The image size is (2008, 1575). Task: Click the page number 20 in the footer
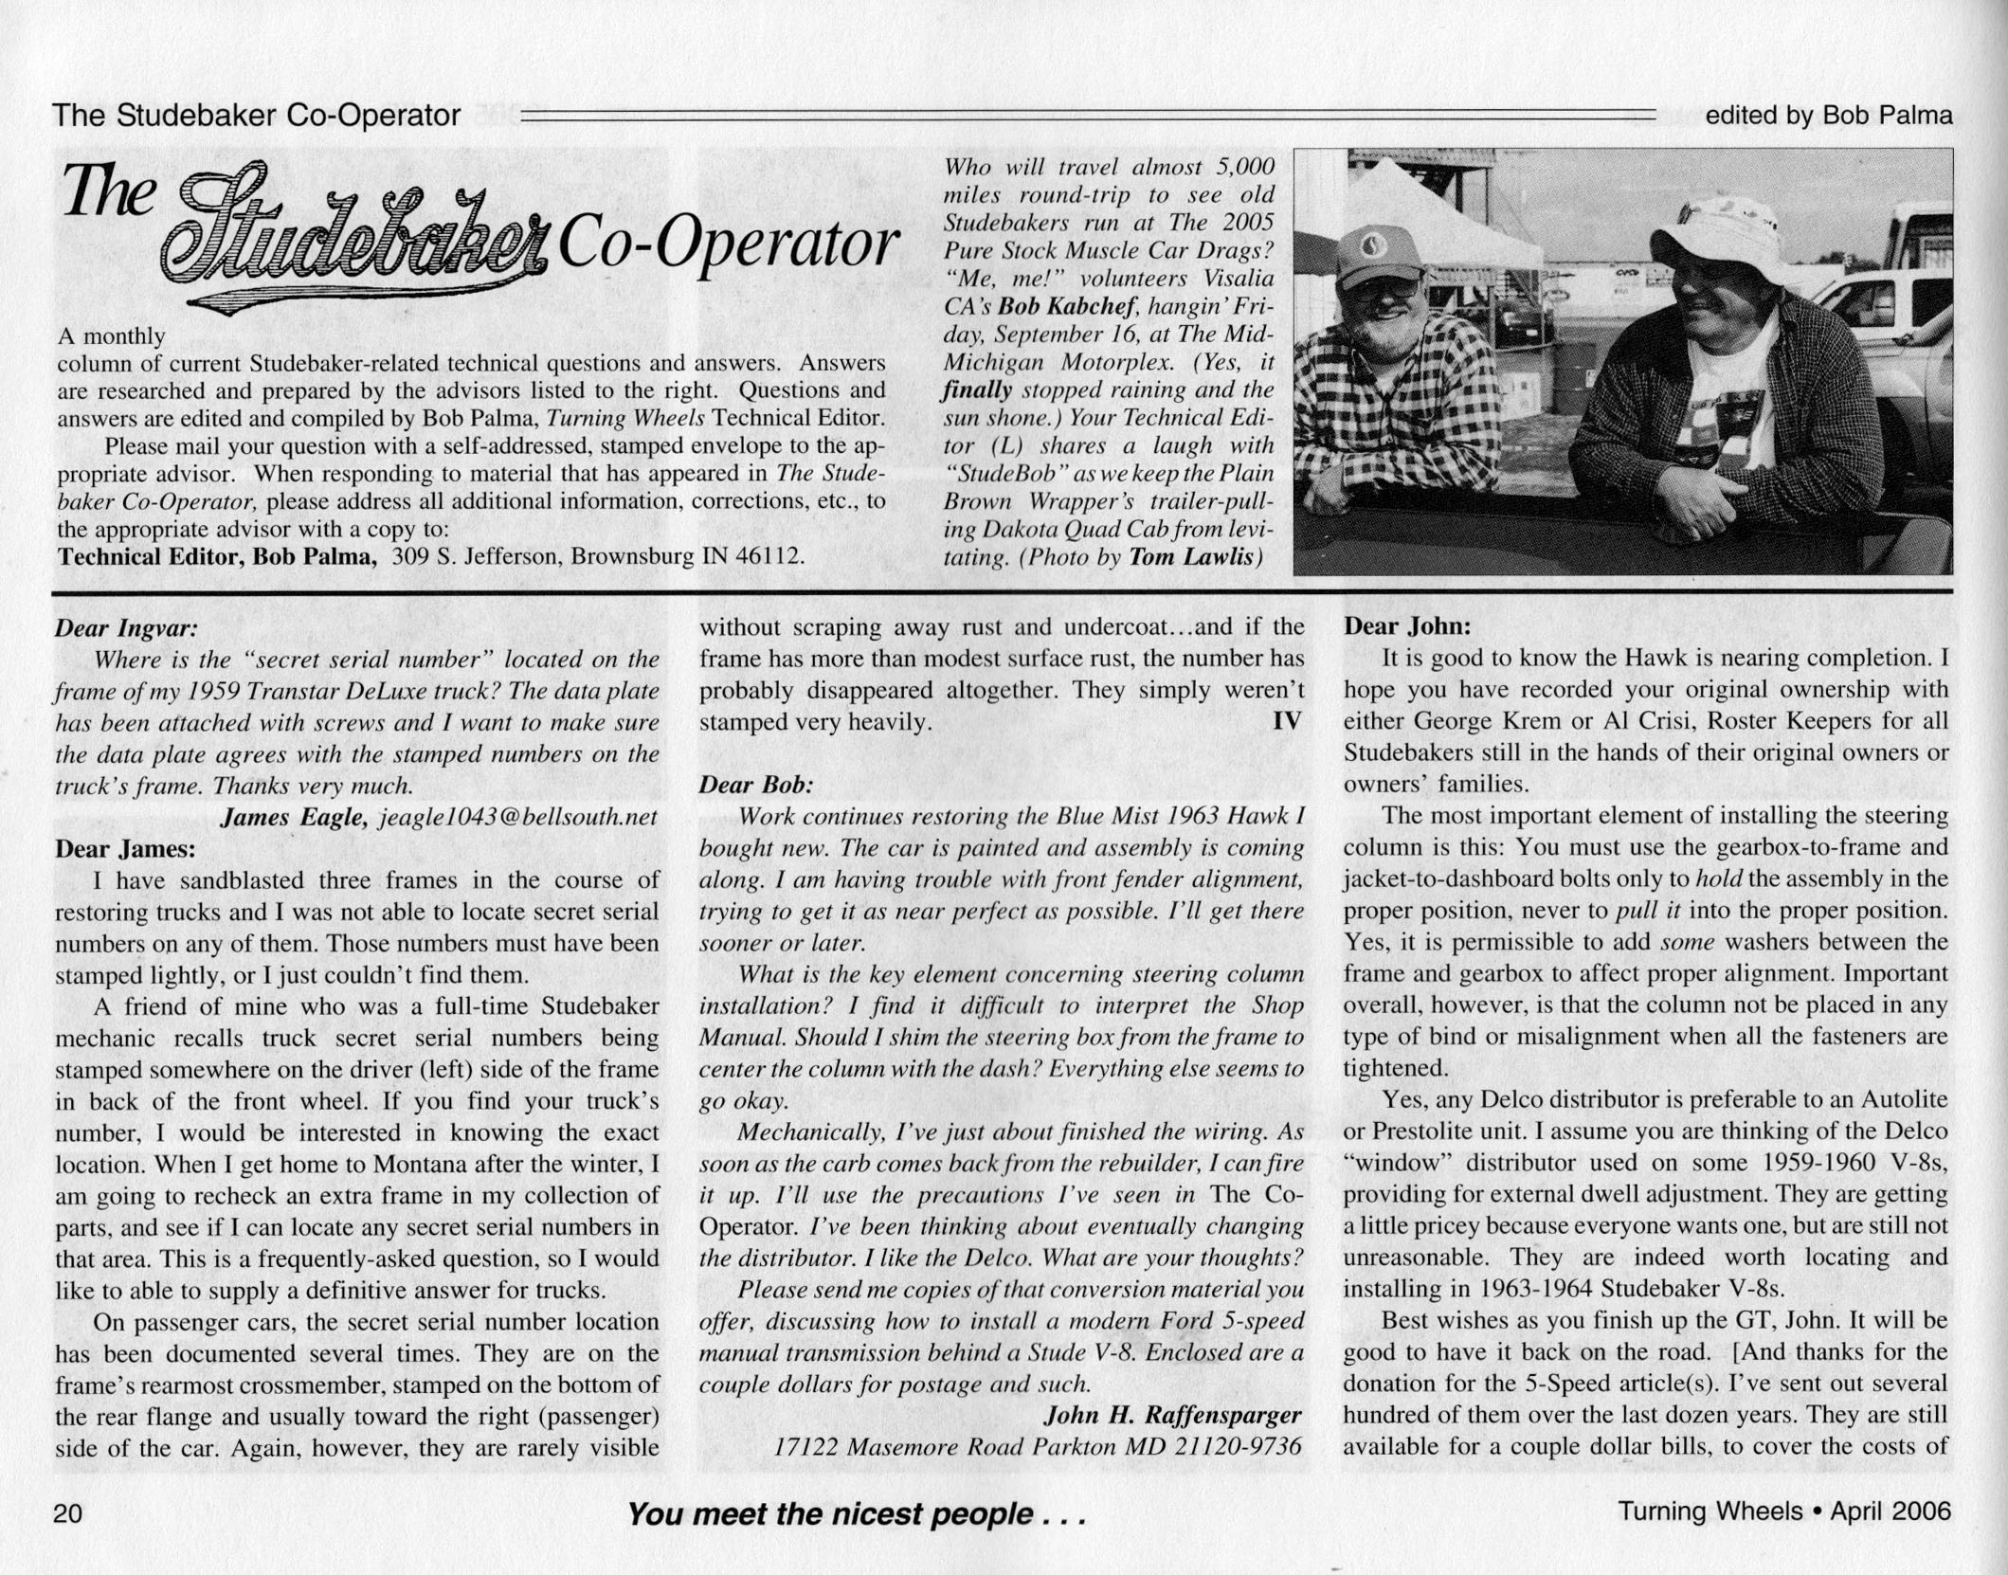[x=68, y=1512]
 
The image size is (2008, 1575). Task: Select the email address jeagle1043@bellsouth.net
[x=517, y=817]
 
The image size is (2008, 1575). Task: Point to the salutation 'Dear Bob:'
[x=755, y=785]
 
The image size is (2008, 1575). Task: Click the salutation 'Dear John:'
[x=1407, y=626]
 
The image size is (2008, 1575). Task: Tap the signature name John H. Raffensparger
[x=1172, y=1415]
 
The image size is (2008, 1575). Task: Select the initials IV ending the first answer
[x=1286, y=722]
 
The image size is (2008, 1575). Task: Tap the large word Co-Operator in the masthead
[x=728, y=245]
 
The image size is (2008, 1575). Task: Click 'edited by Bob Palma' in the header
[x=1828, y=116]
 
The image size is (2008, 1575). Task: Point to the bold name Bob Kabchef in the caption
[x=1068, y=307]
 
